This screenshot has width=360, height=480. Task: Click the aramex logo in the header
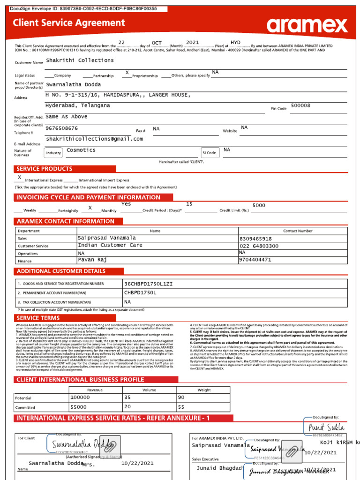click(x=307, y=25)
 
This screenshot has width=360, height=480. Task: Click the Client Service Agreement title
click(x=69, y=23)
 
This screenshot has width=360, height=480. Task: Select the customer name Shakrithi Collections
click(x=80, y=60)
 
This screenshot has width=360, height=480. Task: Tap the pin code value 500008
click(x=300, y=105)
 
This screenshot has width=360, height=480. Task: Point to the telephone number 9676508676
click(x=62, y=128)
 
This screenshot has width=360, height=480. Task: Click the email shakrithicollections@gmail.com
click(x=94, y=139)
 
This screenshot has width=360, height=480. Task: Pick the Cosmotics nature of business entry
click(x=81, y=150)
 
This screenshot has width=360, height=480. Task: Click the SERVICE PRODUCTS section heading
click(x=45, y=169)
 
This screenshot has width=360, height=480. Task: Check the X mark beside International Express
click(x=19, y=178)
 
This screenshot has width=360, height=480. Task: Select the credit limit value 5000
click(x=259, y=205)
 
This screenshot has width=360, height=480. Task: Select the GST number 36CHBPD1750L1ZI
click(x=148, y=284)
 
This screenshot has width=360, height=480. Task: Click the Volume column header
click(x=150, y=390)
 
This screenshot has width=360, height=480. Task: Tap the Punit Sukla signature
click(x=326, y=427)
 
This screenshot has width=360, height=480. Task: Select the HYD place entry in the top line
click(x=235, y=42)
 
